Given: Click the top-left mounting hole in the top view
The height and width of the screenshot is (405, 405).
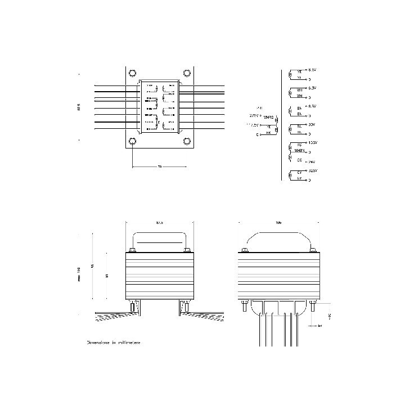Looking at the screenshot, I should pyautogui.click(x=132, y=73).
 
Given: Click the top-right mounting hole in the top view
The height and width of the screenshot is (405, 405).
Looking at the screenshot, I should pyautogui.click(x=186, y=73).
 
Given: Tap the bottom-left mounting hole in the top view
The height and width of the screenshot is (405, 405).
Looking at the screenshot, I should pyautogui.click(x=132, y=141).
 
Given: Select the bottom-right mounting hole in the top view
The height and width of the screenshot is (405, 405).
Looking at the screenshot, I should pyautogui.click(x=186, y=141).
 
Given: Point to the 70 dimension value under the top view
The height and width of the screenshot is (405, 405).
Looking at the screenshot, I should pyautogui.click(x=159, y=167).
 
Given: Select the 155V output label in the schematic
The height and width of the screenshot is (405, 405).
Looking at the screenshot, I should pyautogui.click(x=313, y=143).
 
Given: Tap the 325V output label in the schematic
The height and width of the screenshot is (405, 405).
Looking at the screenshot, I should pyautogui.click(x=313, y=170).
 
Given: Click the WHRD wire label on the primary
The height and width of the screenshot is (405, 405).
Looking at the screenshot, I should pyautogui.click(x=268, y=117).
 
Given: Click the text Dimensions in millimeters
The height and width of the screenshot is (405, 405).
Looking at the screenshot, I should pyautogui.click(x=114, y=341).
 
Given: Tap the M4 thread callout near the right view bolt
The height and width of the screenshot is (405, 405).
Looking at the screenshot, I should pyautogui.click(x=320, y=325).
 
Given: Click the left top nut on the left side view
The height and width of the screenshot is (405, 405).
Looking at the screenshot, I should pyautogui.click(x=133, y=251).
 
